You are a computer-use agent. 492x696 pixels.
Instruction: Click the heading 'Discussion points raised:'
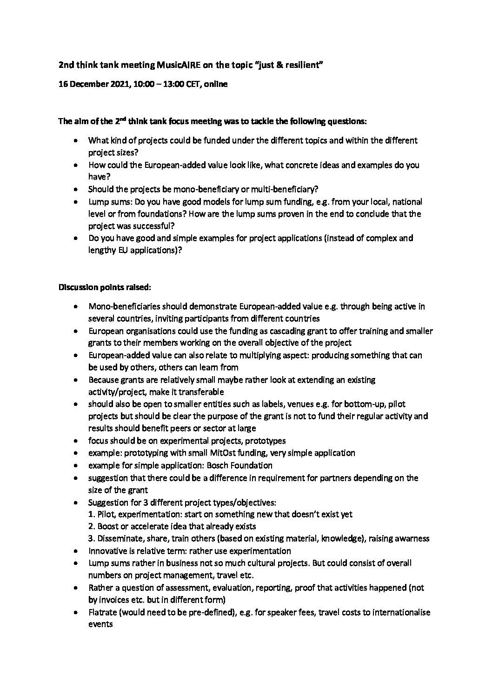104,287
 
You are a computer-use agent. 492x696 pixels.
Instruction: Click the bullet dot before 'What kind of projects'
76,140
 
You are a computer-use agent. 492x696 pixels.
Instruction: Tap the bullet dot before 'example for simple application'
76,465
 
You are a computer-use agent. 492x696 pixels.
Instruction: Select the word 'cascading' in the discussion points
273,331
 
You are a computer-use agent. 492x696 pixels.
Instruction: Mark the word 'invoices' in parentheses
115,600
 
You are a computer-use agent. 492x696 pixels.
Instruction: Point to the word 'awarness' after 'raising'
411,538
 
